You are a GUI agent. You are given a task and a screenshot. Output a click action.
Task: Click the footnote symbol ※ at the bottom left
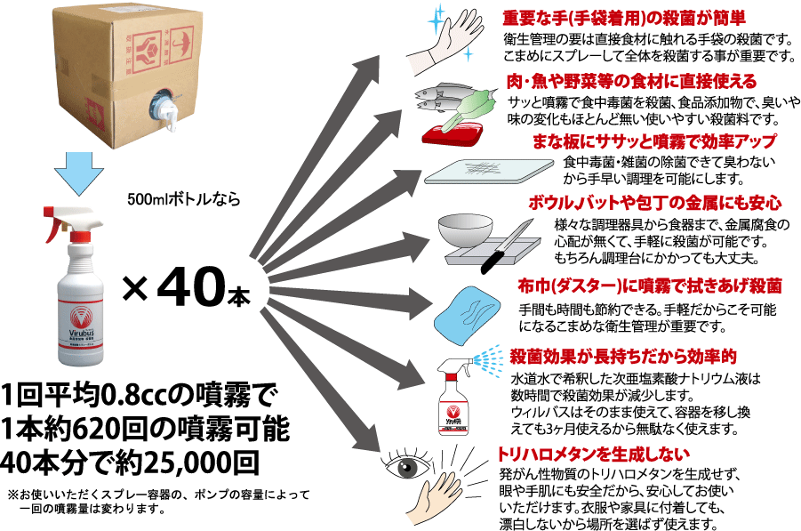click(12, 493)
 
